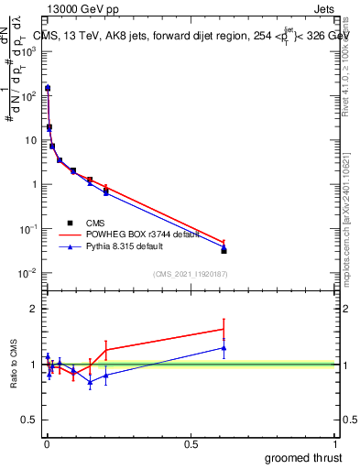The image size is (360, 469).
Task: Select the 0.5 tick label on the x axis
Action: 191,444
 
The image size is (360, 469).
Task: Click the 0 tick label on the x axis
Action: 47,444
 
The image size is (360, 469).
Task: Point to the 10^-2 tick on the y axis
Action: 27,273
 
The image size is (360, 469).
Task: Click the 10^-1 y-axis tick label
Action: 27,229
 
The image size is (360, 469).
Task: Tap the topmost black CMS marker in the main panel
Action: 48,89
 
